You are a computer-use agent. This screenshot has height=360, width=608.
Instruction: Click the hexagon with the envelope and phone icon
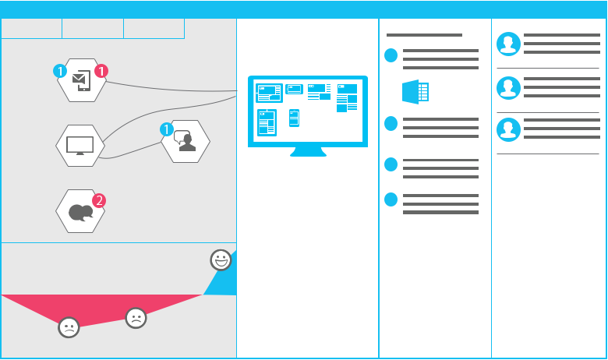pos(81,80)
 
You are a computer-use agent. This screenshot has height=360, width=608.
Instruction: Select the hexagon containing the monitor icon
pos(80,146)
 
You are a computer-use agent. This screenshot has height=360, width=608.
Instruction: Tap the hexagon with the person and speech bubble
pos(186,142)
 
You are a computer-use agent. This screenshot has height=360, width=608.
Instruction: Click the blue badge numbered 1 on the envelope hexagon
pos(60,72)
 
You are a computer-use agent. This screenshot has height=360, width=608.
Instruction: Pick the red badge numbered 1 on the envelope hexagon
pos(101,71)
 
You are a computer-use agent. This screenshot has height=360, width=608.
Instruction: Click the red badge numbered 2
pos(99,201)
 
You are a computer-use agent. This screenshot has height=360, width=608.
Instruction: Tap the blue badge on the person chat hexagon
pos(167,129)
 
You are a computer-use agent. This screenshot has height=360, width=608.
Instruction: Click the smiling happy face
pos(221,259)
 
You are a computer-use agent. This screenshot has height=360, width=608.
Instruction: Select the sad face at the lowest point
pos(69,327)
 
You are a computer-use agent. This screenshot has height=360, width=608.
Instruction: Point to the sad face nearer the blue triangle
pos(136,318)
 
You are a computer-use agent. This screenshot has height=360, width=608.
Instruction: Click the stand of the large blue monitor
pos(308,151)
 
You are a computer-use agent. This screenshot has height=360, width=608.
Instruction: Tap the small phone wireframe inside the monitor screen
pos(295,118)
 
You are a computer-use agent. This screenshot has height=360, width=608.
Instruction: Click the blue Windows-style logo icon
pos(415,92)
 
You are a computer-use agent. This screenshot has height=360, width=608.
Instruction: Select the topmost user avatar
pos(508,44)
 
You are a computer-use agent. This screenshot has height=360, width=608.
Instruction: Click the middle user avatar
pos(508,88)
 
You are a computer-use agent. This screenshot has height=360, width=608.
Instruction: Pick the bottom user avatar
pos(508,129)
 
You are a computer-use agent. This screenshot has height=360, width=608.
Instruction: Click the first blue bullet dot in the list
pos(391,55)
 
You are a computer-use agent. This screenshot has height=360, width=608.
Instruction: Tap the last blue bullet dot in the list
pos(391,199)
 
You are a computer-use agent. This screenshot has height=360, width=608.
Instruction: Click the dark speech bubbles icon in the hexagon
pos(80,213)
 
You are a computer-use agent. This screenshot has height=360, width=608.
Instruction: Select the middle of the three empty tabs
pos(93,29)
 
